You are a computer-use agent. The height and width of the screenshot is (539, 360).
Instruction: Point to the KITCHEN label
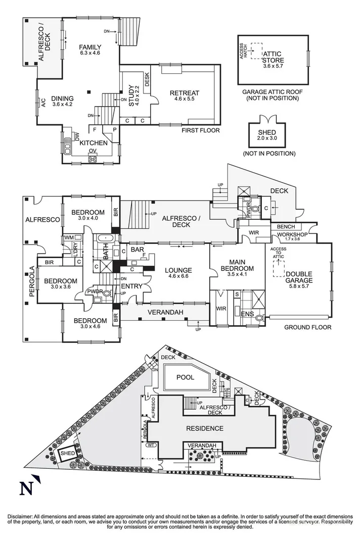[x=94, y=143]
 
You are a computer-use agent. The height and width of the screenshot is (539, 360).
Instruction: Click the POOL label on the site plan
[x=185, y=377]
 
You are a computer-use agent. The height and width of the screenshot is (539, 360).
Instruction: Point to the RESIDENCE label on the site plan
[x=204, y=428]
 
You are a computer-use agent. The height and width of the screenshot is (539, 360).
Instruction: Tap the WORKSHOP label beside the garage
[x=289, y=235]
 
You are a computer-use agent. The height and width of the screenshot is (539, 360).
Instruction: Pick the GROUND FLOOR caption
[x=307, y=327]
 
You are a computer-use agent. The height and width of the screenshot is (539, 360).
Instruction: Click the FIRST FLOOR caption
[x=201, y=130]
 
